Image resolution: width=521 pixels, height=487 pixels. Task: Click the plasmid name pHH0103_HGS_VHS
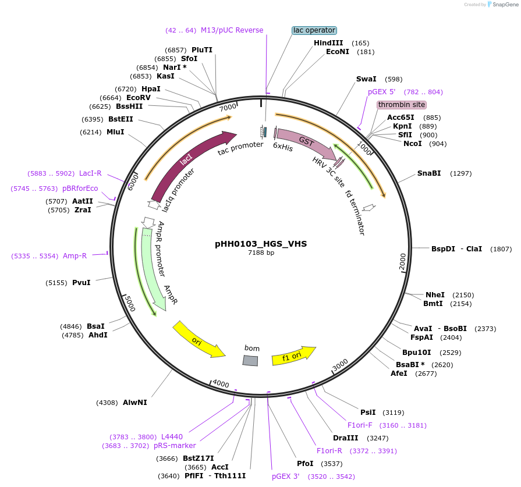coord(261,244)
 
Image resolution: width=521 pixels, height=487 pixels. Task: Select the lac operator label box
coord(314,30)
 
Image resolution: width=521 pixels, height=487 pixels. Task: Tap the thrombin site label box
coord(402,105)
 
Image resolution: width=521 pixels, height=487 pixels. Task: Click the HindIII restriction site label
coord(328,43)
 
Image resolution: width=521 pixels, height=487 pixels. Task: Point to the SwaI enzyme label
coord(366,79)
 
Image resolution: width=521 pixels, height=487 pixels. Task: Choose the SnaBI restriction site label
coord(429,173)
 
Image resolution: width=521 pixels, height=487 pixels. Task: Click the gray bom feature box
coord(250,361)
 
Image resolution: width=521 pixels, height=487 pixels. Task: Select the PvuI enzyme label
coord(81,283)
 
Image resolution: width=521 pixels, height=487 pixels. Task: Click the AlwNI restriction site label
coord(135,402)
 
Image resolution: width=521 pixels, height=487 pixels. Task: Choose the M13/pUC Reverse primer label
coord(232,30)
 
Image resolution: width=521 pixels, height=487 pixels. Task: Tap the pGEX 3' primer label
coord(285,476)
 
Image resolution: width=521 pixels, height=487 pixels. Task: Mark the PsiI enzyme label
coord(368,412)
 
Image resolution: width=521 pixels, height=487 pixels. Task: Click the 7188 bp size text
coord(261,253)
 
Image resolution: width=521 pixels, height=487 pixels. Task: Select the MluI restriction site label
coord(115,132)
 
